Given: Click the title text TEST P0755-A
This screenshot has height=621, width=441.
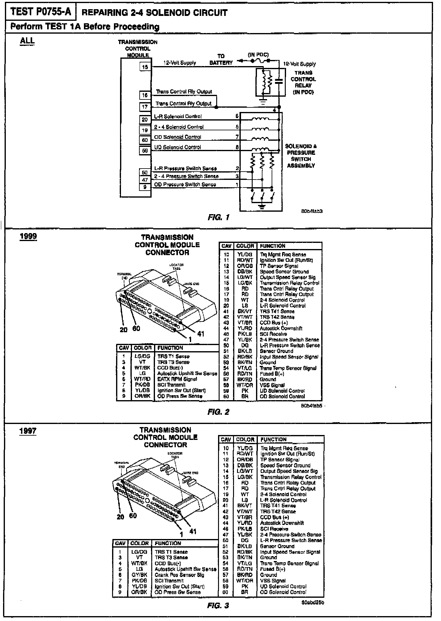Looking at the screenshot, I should click(x=41, y=12).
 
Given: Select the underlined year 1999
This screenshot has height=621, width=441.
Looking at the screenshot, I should click(x=28, y=236).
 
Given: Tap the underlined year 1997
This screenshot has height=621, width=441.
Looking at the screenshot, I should click(x=28, y=431).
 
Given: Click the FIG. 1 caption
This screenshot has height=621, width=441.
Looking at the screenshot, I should click(x=218, y=218).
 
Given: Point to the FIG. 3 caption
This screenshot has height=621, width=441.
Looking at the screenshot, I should click(x=218, y=606).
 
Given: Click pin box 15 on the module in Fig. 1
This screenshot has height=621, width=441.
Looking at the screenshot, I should click(x=145, y=67).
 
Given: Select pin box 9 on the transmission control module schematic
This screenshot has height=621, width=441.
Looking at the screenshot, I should click(x=145, y=187).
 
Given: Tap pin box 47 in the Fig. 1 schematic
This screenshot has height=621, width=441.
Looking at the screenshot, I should click(x=145, y=180).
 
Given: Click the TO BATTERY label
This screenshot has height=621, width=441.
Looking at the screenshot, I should click(x=221, y=60).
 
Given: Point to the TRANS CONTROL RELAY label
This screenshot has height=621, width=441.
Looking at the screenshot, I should click(x=303, y=82).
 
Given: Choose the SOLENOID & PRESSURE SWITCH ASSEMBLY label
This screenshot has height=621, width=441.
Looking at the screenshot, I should click(x=301, y=156).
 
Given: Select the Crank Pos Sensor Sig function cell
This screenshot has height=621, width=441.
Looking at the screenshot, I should click(x=179, y=575).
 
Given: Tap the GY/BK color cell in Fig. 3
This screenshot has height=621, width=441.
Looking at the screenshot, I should click(x=139, y=575).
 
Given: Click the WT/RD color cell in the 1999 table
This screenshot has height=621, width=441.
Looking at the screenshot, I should click(x=142, y=379).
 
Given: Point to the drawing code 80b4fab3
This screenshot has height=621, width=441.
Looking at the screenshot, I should click(x=312, y=211).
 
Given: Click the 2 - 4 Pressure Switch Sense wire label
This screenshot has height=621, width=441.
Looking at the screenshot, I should click(x=186, y=176).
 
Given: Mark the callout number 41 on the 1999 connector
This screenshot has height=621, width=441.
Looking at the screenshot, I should click(x=201, y=333).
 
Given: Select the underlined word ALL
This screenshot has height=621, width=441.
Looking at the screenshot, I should click(x=27, y=41).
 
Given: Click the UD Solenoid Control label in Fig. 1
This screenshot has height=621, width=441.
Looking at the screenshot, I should click(x=177, y=147).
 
